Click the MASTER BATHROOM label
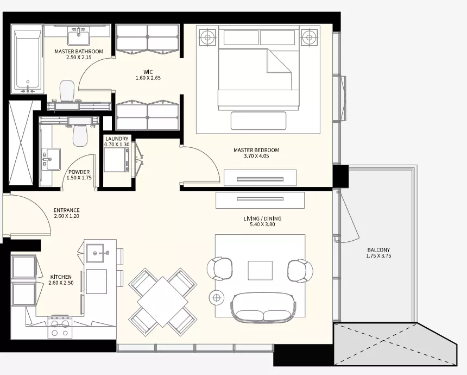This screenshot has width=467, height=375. coord(79,51)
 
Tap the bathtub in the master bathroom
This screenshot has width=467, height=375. coord(28,59)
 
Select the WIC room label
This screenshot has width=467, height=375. coord(148,72)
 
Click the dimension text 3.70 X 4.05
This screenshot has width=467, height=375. coord(256,155)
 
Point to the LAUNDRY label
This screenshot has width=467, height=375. coord(117,139)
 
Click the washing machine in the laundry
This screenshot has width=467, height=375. coord(117,159)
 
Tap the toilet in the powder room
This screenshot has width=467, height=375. coord(80,135)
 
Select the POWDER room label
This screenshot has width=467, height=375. coord(79,172)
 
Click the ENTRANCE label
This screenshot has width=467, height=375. coord(67,210)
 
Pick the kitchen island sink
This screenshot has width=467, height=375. coord(95,253)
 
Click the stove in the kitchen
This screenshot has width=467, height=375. coord(60,327)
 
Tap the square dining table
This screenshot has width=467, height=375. coord(162,302)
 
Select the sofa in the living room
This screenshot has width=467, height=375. coord(263,307)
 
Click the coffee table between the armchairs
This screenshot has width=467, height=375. coord(260,270)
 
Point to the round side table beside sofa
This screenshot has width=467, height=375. coord(217,297)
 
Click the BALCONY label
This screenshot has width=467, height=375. coord(378,250)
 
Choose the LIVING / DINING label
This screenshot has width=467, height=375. coord(262,218)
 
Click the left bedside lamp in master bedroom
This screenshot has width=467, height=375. coord(208,37)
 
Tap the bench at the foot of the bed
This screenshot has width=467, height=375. coord(258,121)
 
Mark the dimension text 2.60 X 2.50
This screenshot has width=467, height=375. coord(61,283)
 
